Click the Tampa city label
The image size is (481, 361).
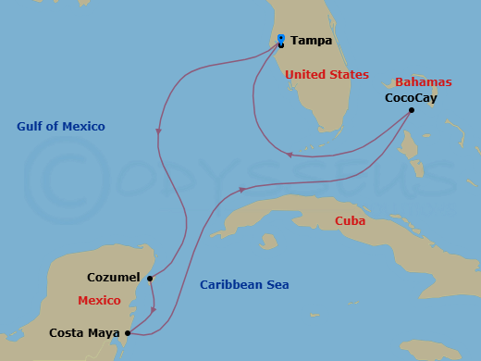pos(312,41)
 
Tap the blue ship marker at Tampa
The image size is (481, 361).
pos(281,39)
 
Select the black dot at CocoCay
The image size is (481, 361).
pos(412,110)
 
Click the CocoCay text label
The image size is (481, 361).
pos(411,97)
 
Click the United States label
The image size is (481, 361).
pos(327,74)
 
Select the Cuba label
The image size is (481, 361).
pos(351,221)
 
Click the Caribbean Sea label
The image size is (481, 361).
pos(244,285)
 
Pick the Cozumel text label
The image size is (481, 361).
pos(113,277)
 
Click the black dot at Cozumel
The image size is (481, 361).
pos(149,277)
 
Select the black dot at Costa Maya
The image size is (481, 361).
pos(128,333)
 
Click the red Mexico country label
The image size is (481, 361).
pos(99,302)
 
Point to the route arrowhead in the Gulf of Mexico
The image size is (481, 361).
pos(159,131)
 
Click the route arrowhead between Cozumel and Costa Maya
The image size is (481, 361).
pos(154,310)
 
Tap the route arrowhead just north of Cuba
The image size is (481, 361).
pos(242,190)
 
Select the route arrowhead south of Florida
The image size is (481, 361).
pos(290,155)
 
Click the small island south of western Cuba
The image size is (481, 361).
pos(268,243)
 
